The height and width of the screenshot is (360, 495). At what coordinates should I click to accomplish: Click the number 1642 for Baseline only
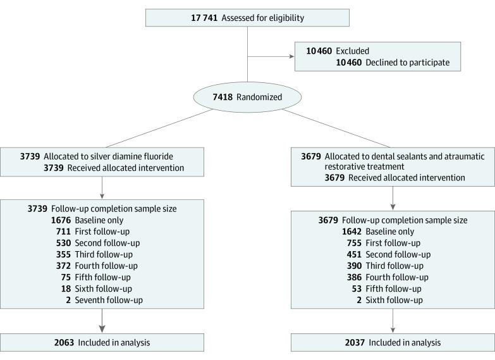(x=351, y=232)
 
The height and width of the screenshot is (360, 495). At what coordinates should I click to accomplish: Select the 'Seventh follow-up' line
(x=107, y=300)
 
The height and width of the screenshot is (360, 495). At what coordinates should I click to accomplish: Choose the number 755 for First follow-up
(x=355, y=243)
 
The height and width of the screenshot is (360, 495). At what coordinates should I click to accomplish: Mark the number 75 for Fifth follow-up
(x=64, y=277)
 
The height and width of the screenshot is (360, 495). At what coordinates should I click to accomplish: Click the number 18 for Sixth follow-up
(x=64, y=289)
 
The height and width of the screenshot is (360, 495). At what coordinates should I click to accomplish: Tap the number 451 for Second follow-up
(x=355, y=254)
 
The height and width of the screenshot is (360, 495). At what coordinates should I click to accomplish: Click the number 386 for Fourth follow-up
(x=355, y=277)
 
